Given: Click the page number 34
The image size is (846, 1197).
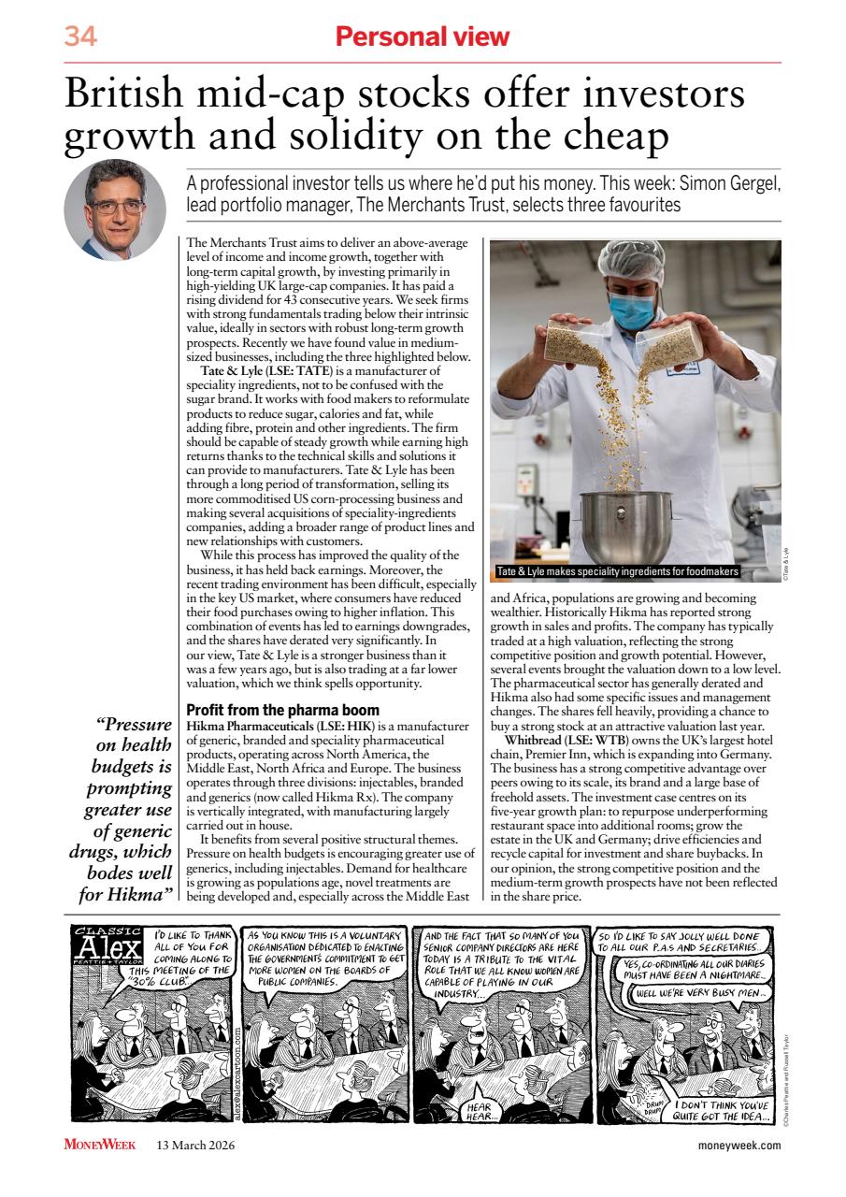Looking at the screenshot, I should pyautogui.click(x=80, y=36).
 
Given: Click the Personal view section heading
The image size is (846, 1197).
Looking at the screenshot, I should pyautogui.click(x=423, y=36).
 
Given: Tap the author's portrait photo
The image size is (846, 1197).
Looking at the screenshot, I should pyautogui.click(x=114, y=209).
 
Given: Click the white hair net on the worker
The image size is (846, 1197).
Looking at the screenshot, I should pyautogui.click(x=632, y=257).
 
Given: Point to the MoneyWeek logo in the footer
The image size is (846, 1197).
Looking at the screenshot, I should pyautogui.click(x=100, y=1145).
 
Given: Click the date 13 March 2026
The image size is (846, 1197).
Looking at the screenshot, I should pyautogui.click(x=195, y=1145).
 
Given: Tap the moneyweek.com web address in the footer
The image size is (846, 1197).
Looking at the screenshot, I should pyautogui.click(x=738, y=1145).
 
